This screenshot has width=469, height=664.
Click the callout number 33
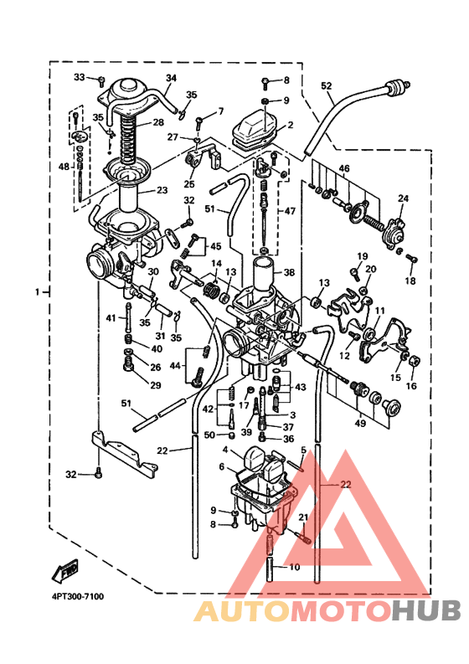click(x=80, y=77)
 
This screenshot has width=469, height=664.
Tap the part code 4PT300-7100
click(x=71, y=597)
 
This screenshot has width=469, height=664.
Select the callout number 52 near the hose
click(x=326, y=85)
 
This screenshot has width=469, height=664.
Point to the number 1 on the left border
click(x=37, y=292)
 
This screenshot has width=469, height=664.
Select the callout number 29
click(x=155, y=385)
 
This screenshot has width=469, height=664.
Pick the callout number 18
click(x=410, y=281)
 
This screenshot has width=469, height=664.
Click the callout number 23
click(x=162, y=190)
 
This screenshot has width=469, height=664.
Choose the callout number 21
click(x=303, y=517)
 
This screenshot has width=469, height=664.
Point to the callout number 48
click(x=64, y=167)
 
